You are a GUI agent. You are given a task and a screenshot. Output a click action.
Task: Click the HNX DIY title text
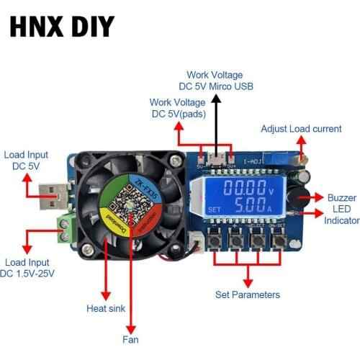point(62,27)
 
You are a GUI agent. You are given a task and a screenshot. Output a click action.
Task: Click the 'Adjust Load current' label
point(301,128)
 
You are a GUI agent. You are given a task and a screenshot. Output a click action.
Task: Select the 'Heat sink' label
point(106,308)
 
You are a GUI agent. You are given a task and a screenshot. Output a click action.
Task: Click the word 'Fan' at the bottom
point(130,339)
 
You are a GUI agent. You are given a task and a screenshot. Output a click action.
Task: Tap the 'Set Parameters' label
point(247,294)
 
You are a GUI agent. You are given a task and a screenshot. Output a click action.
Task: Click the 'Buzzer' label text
point(341,197)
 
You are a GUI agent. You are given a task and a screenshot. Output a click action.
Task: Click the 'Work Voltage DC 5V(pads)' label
point(177,108)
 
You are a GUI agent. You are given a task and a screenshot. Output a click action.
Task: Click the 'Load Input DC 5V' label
point(26,160)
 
